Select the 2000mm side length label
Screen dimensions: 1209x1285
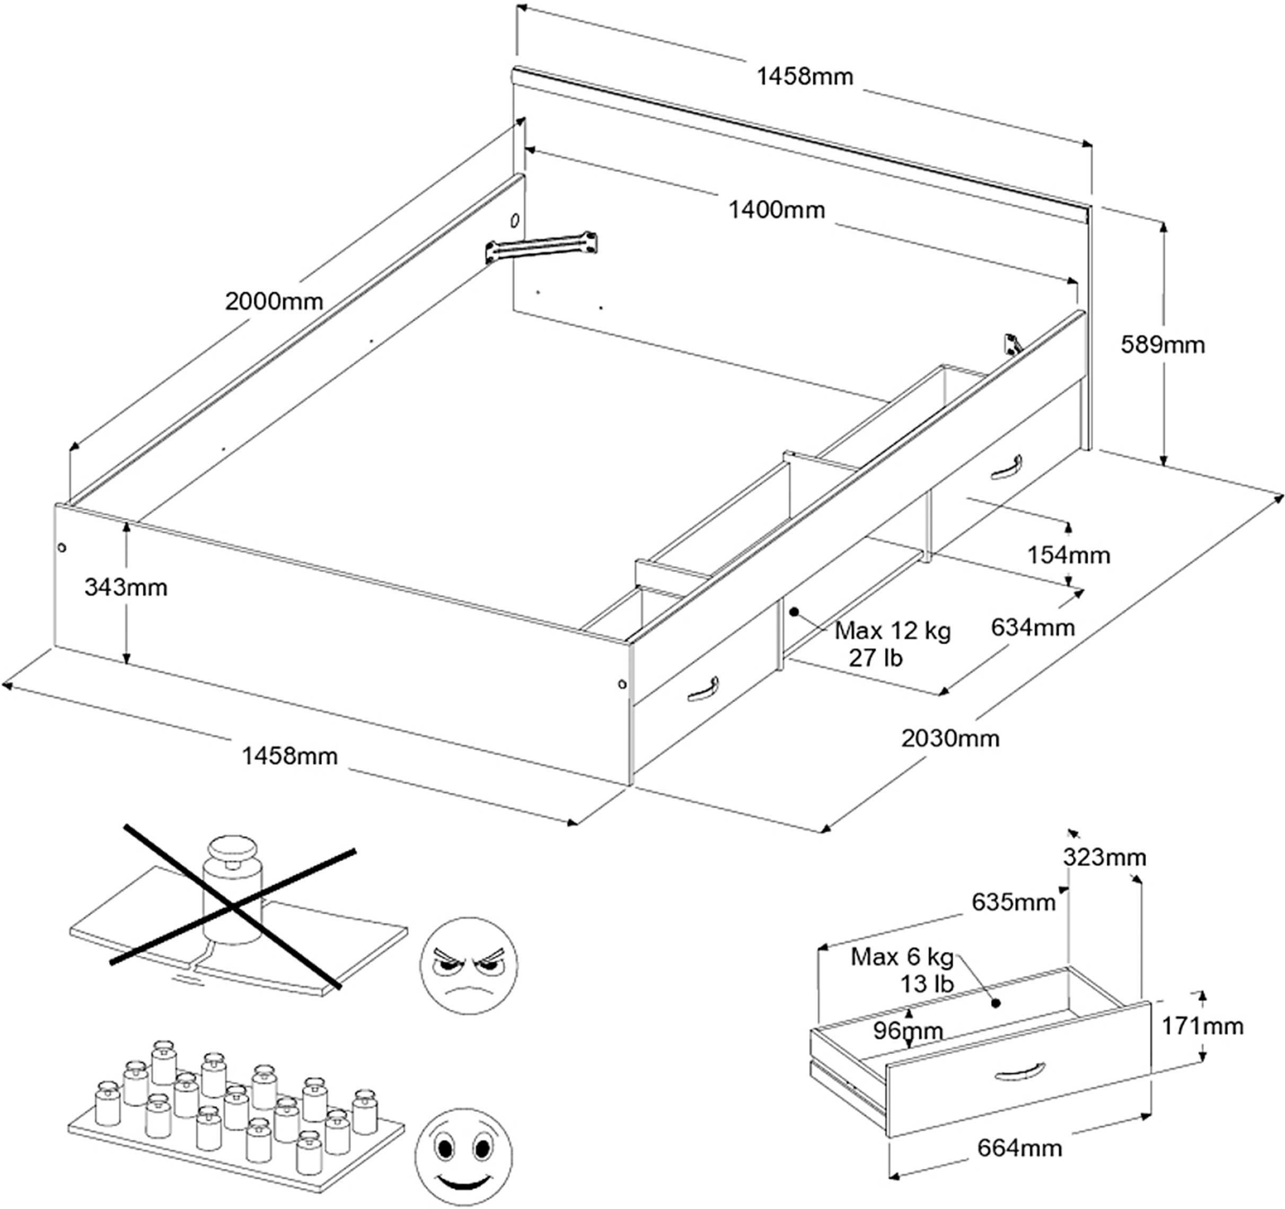coord(274,301)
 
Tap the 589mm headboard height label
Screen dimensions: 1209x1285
coord(1162,345)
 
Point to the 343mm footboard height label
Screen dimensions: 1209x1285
coord(126,587)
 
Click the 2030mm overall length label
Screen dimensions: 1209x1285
coord(950,738)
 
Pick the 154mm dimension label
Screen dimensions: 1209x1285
coord(1069,555)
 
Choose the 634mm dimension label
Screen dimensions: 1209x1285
coord(1032,627)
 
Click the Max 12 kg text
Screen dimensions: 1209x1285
coord(892,631)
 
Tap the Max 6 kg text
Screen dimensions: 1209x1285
coord(902,957)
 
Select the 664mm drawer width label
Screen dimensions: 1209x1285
coord(1019,1148)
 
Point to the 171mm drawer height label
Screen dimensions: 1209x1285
coord(1202,1026)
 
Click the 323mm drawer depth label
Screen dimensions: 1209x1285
coord(1104,857)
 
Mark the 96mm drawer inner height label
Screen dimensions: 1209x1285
coord(908,1030)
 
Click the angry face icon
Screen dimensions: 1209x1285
coord(469,965)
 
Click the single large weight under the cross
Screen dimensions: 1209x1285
coord(233,889)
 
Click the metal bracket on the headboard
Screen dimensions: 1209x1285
coord(542,247)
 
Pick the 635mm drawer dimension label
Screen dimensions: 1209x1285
coord(1013,903)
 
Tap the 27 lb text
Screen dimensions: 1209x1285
coord(875,658)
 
